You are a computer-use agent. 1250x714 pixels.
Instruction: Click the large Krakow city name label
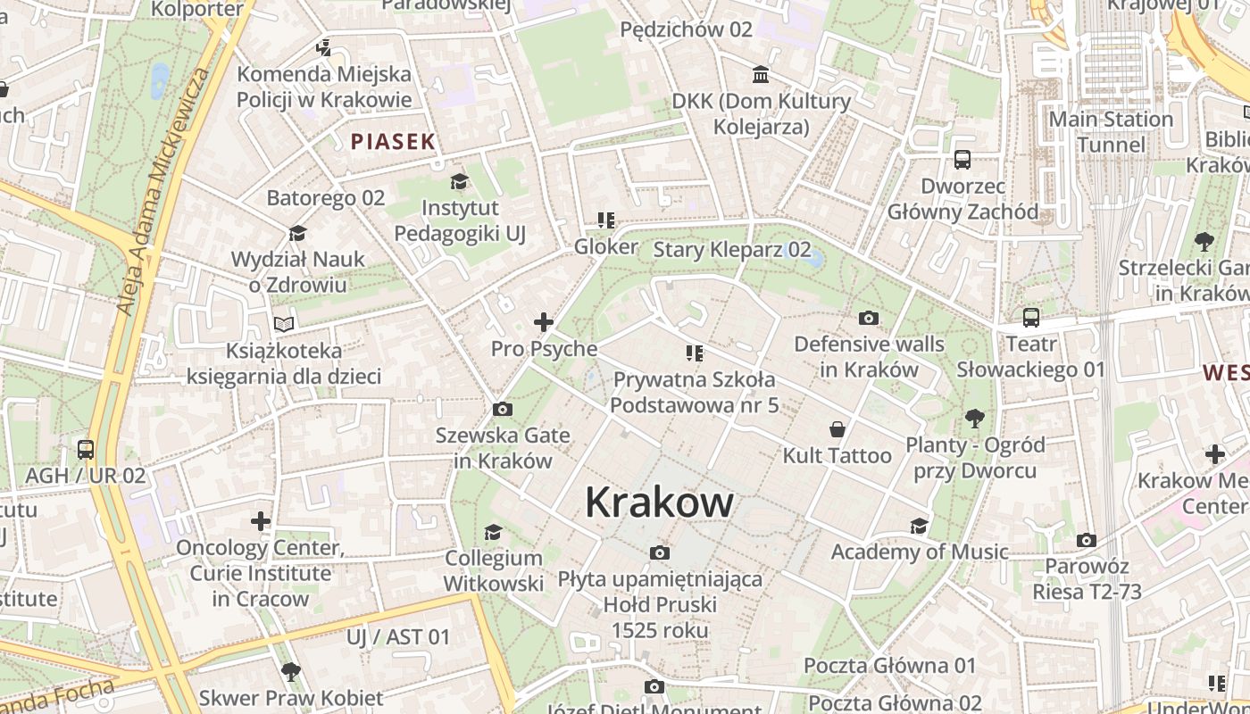(x=659, y=503)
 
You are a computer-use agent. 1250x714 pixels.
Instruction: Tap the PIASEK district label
(x=393, y=141)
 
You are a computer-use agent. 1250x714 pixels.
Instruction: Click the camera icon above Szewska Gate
(x=503, y=409)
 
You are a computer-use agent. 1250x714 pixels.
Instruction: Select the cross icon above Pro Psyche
(x=543, y=322)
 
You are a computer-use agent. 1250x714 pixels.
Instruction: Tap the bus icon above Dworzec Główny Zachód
(x=962, y=160)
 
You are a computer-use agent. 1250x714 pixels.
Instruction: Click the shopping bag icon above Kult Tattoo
(x=837, y=429)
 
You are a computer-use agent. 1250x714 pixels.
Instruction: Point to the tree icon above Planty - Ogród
(x=974, y=418)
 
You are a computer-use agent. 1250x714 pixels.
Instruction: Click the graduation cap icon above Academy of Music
(x=919, y=526)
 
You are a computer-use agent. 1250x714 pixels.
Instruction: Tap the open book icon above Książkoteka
(x=284, y=324)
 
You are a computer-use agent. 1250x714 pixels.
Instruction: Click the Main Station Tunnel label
(x=1110, y=131)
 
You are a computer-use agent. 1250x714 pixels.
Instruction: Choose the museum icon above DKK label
(x=761, y=74)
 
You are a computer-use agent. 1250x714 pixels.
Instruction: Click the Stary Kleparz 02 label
(x=732, y=249)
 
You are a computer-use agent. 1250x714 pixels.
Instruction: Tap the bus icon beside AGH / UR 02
(x=86, y=450)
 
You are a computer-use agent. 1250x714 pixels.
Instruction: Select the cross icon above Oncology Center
(x=260, y=520)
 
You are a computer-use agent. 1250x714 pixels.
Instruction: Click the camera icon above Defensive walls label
(x=868, y=318)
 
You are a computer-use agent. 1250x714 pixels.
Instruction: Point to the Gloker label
(x=606, y=246)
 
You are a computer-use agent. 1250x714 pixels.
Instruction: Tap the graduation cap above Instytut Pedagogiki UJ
(x=459, y=182)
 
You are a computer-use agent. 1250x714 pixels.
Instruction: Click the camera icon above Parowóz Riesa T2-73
(x=1087, y=540)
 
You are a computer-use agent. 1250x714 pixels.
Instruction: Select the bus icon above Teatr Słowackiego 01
(x=1030, y=318)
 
